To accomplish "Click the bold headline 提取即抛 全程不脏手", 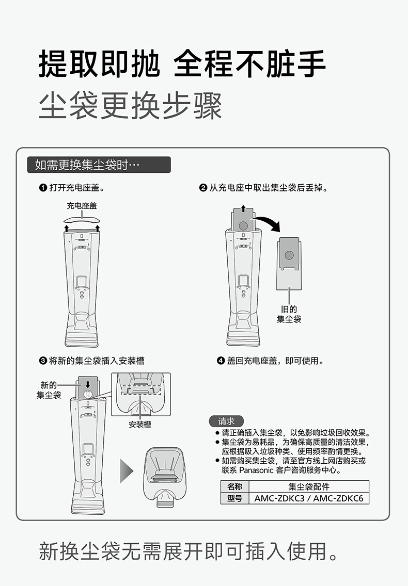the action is tap(182, 64).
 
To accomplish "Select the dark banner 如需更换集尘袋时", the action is tap(99, 165).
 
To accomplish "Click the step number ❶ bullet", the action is tap(43, 188).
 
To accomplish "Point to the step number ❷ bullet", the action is tap(203, 188).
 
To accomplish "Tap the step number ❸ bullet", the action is tap(43, 361).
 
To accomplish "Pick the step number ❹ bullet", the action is tap(221, 361).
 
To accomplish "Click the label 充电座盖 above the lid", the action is tap(82, 206).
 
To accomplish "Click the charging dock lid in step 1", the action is tap(82, 220).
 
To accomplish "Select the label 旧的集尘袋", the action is tap(289, 314).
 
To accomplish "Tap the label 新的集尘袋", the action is tap(49, 390).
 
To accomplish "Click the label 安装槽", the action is tap(140, 425).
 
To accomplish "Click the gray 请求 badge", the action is tap(226, 421).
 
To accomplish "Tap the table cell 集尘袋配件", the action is tap(309, 486).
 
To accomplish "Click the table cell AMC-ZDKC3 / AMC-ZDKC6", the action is tap(309, 498).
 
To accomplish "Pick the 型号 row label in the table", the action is tap(234, 498).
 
